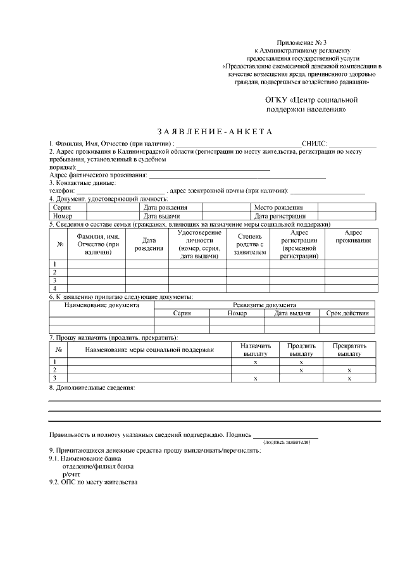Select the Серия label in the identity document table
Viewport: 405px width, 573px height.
(62, 208)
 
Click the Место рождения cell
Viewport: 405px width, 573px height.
(278, 208)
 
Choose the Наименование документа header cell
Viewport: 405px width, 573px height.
(102, 305)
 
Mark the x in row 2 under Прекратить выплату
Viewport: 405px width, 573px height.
(349, 370)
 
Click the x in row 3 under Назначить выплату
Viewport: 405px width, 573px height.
(255, 378)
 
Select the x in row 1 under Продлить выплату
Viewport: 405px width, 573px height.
(301, 362)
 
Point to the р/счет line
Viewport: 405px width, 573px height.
(71, 474)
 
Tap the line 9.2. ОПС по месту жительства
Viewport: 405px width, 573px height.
(93, 482)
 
